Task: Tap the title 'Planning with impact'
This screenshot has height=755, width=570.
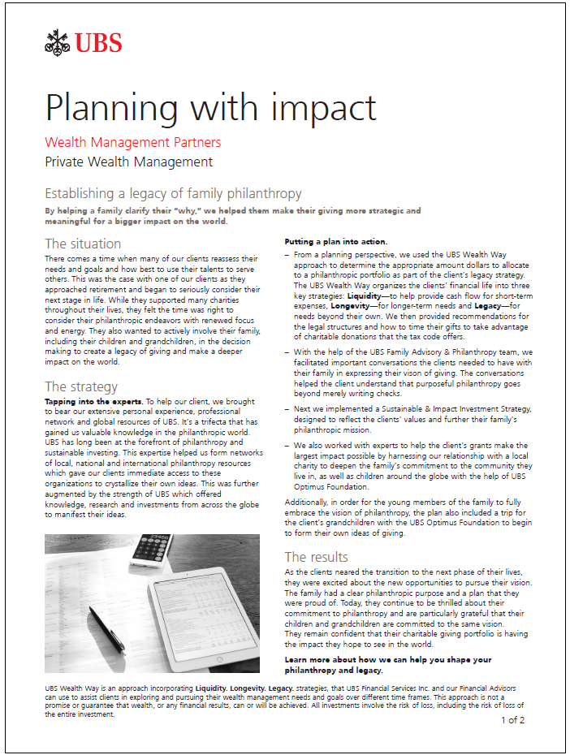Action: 210,108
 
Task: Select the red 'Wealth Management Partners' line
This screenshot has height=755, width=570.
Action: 132,143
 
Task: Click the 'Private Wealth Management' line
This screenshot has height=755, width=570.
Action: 128,162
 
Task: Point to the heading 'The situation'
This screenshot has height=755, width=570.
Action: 83,244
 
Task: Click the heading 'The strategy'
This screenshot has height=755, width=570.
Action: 81,386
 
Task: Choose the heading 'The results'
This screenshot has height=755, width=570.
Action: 316,557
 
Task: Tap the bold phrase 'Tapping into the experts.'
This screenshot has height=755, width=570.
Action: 93,402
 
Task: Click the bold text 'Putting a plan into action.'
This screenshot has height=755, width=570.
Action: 335,242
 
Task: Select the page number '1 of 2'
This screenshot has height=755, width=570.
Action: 512,719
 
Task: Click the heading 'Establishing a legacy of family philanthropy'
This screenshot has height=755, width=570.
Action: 173,194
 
